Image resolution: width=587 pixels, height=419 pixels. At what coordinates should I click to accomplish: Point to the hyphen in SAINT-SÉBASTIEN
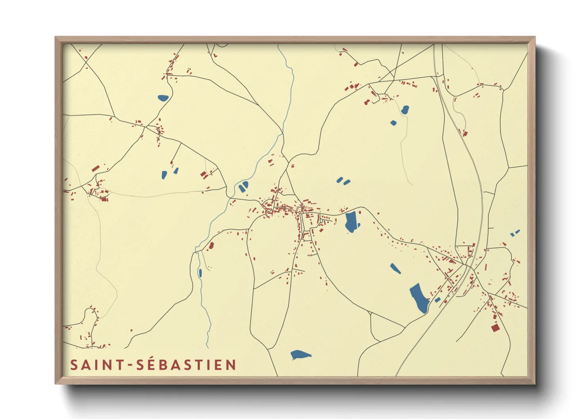point(130,365)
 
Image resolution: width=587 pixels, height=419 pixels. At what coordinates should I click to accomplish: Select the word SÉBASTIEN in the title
point(186,365)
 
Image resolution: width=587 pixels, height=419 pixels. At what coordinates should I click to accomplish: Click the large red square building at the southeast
point(495,328)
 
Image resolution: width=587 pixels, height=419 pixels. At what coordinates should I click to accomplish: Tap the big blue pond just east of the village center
point(351,222)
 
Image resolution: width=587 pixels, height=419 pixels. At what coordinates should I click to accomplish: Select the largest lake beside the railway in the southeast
point(419,298)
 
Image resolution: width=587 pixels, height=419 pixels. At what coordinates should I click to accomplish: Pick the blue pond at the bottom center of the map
point(300,354)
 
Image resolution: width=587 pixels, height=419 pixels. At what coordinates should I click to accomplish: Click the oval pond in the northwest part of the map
point(163,98)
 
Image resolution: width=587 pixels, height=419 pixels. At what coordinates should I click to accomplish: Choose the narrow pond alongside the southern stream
point(200,273)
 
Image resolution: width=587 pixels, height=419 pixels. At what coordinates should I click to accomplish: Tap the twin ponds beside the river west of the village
point(244,186)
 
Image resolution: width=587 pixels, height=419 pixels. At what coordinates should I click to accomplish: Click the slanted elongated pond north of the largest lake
point(395,269)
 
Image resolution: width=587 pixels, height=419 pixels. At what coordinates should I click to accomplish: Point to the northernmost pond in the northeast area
point(405,110)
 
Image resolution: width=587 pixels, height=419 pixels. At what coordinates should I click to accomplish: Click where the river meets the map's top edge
point(278,45)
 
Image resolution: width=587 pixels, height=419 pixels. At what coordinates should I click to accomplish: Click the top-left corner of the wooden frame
point(56,37)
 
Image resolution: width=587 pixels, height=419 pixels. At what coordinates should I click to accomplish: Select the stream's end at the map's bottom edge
point(207,347)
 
